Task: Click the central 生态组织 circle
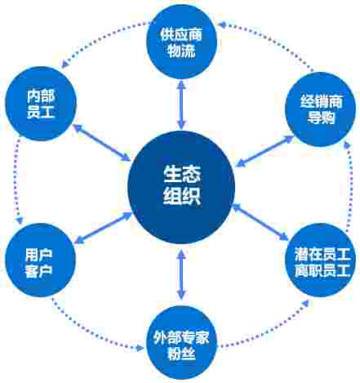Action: click(181, 187)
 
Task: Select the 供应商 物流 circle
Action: click(181, 42)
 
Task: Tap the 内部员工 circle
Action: click(41, 104)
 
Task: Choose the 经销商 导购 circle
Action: click(321, 109)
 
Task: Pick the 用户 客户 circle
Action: click(40, 260)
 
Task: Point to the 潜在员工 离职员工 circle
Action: click(321, 260)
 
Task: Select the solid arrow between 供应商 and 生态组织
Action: click(181, 105)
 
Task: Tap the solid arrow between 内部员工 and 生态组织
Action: click(101, 142)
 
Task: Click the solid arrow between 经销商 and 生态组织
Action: click(264, 151)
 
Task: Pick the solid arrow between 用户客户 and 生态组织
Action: click(103, 228)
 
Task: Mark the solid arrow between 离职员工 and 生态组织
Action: click(260, 222)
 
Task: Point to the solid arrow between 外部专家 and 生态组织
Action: click(181, 275)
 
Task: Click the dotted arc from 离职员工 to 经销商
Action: click(350, 186)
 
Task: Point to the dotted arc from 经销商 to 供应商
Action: click(268, 43)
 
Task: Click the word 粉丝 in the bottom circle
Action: click(181, 354)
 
